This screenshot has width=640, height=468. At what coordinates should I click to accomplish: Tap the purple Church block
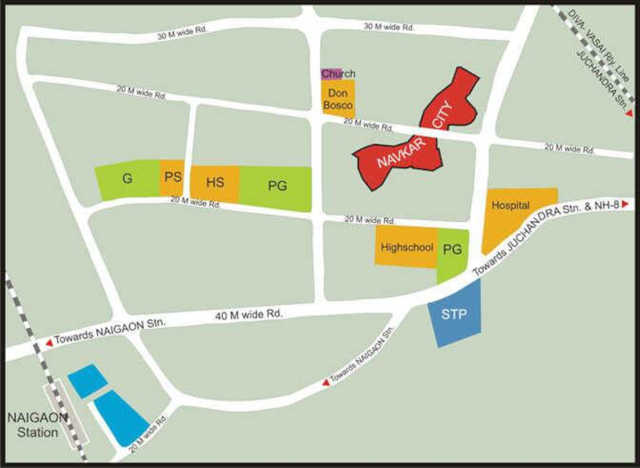click(326, 74)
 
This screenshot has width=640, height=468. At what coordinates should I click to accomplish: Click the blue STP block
click(454, 314)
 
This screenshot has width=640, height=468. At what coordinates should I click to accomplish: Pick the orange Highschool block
click(406, 247)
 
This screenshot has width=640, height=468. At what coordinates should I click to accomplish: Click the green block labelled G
click(126, 179)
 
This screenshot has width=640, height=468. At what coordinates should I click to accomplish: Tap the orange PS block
click(172, 178)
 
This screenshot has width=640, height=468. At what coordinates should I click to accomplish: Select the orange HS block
click(214, 183)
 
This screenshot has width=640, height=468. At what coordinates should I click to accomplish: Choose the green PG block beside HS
click(276, 186)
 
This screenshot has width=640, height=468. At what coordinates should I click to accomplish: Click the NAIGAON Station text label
click(32, 425)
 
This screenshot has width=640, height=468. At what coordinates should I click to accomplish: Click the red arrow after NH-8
click(627, 203)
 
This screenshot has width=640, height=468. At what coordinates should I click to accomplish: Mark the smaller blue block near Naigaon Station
click(86, 381)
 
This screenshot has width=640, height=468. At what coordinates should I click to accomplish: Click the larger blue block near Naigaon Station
click(119, 416)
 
